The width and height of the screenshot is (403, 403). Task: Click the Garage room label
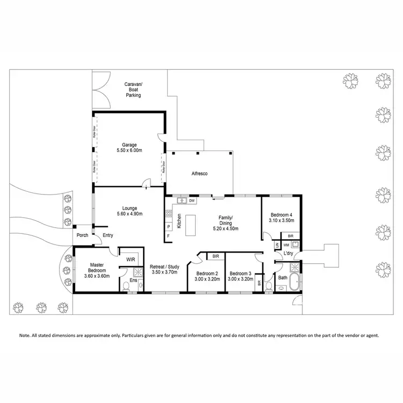(129, 145)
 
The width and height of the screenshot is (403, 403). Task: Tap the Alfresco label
(199, 174)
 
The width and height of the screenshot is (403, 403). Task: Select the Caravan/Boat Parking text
(133, 90)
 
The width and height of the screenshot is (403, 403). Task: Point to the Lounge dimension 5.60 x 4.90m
(129, 214)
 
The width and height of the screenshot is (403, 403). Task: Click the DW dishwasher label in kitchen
(192, 201)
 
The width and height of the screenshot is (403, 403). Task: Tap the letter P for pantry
(168, 227)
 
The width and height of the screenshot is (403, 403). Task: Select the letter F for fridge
(168, 236)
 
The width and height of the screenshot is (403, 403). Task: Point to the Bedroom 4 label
(280, 214)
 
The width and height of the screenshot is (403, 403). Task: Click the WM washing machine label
(286, 245)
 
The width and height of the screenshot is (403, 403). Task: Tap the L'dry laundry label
(288, 253)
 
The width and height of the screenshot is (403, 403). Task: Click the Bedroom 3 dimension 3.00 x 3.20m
(239, 279)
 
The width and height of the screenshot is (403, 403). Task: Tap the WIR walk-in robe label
(131, 259)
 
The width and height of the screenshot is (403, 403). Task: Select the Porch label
(82, 235)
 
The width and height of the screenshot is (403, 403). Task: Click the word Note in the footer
(25, 335)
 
